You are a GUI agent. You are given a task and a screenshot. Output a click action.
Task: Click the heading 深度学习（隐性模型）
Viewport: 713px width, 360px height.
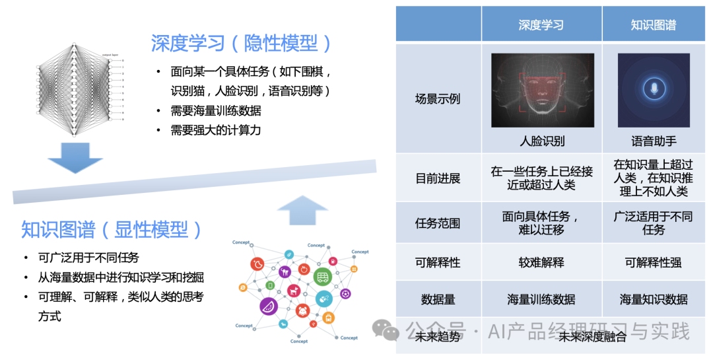point(241,44)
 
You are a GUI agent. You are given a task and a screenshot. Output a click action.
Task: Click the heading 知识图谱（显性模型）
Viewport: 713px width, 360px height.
point(112,230)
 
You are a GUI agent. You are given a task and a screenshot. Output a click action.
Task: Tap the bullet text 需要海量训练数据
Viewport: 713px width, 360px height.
point(215,110)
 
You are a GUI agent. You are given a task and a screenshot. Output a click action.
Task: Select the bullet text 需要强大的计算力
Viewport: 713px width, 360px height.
point(215,129)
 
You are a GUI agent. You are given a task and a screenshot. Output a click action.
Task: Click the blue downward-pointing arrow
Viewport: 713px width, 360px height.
point(75,157)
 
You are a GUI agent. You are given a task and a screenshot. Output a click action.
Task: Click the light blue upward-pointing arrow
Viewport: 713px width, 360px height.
point(302,210)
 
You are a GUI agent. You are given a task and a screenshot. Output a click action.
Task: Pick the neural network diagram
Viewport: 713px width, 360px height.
point(79,89)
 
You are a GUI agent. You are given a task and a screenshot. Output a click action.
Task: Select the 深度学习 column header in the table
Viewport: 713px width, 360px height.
point(541,25)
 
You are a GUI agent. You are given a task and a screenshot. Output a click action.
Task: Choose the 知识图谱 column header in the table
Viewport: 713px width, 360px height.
point(654,25)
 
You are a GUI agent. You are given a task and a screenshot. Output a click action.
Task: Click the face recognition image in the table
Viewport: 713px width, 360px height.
point(542,90)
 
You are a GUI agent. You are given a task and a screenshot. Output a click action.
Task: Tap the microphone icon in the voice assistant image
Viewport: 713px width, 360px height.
point(654,90)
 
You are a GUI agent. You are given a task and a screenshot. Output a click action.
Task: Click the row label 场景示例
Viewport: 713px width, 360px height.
point(438,99)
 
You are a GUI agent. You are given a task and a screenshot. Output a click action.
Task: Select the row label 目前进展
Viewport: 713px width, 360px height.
point(438,178)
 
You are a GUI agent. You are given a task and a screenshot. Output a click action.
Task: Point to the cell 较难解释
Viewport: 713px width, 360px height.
point(541,262)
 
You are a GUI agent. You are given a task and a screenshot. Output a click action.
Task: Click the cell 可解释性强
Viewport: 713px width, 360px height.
point(654,262)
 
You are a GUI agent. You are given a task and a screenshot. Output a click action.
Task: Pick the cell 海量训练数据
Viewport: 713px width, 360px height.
point(541,299)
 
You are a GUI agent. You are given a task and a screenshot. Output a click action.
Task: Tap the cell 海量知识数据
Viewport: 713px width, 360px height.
point(654,299)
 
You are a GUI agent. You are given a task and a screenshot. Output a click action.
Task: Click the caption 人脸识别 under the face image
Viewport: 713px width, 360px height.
point(542,141)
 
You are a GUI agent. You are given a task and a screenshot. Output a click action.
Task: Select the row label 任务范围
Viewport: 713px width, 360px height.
point(438,223)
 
